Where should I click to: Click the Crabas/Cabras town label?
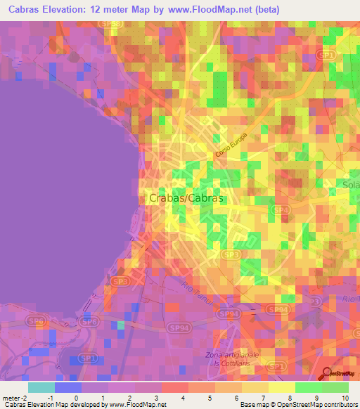186,199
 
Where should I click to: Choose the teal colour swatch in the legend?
41,387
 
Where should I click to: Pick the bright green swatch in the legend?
309,387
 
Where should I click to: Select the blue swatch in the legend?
68,387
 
